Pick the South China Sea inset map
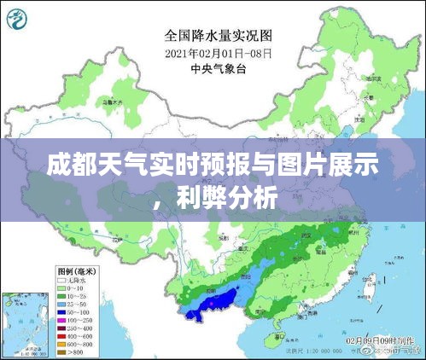click(x=26, y=323)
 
